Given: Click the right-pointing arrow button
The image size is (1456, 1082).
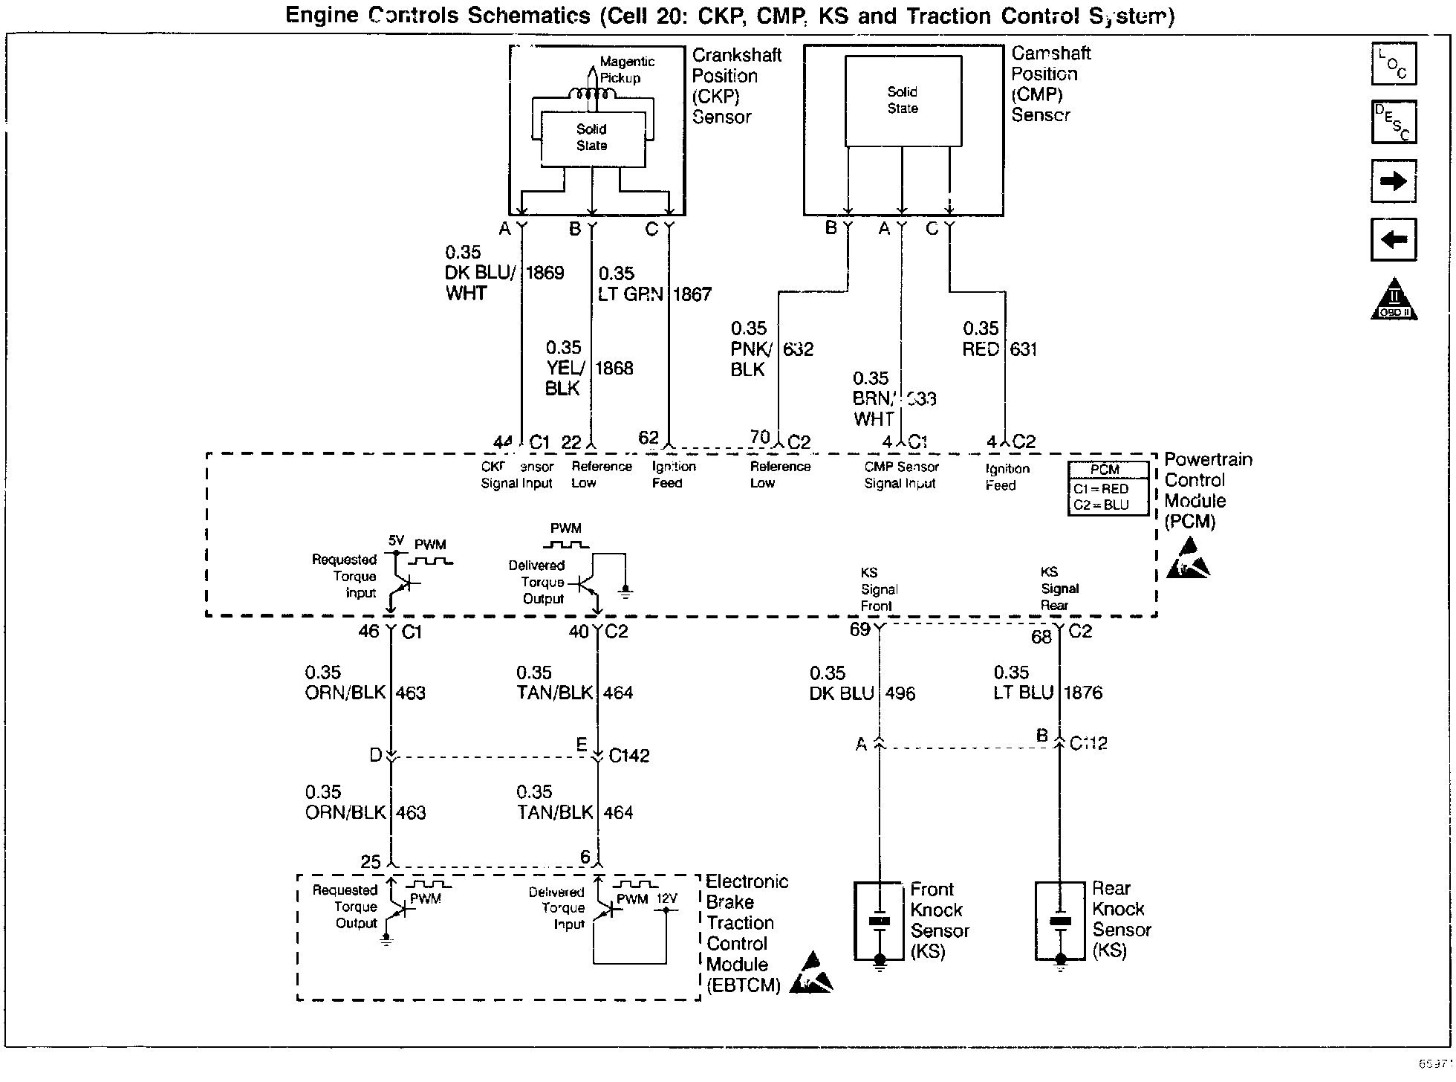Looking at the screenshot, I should coord(1394,181).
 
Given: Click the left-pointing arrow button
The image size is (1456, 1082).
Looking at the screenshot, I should coord(1394,239).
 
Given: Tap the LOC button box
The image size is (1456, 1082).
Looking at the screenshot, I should coord(1394,65).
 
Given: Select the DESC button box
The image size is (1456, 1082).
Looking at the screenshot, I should coord(1394,122).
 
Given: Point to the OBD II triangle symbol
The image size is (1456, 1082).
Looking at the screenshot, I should coord(1394,300).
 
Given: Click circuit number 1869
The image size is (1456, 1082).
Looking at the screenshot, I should coord(545,273).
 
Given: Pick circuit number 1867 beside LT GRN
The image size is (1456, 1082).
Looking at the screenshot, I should coord(692,294).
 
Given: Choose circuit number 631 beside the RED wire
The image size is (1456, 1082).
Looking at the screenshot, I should coord(1023,349).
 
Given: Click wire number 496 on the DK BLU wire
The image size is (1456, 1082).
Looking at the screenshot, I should coord(900,693).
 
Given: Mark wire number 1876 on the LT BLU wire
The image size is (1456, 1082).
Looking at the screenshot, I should coord(1083,693).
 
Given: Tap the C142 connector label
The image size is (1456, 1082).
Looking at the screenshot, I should coord(629,756).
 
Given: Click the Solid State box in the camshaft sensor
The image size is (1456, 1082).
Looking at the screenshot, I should coord(903,101).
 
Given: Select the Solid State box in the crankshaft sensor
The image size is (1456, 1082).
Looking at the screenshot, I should coord(592,138).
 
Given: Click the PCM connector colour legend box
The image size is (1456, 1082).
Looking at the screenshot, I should coord(1108,488).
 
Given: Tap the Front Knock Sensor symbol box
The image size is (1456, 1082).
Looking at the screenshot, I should coord(880,921).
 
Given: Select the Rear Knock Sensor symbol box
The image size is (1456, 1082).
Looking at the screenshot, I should coord(1060,921).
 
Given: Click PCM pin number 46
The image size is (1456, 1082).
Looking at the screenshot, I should coord(369,632).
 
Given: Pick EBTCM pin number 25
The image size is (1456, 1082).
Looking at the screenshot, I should coord(371,862).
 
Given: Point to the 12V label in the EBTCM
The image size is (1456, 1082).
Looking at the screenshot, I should coord(666,898).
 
